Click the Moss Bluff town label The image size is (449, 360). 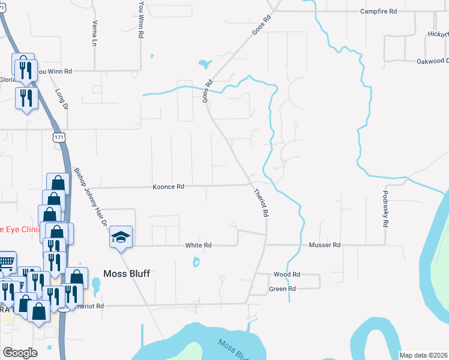coord(125,274)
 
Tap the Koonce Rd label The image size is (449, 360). coord(168,187)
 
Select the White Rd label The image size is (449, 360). coord(199,245)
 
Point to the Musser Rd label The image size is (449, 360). coord(325,245)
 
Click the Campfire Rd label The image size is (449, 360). coord(379,11)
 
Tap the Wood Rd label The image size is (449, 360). coord(286,274)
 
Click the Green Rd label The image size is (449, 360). coord(282,289)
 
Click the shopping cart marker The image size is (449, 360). coord(6,262)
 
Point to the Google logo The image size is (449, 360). coord(20,353)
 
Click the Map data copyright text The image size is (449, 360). coord(423,355)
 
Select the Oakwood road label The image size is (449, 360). coord(432,61)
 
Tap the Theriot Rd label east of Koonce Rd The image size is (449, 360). coord(261,203)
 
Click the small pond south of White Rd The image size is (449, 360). coord(196,262)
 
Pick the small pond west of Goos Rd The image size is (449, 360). coord(205,63)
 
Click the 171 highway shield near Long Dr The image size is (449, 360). coord(58,137)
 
